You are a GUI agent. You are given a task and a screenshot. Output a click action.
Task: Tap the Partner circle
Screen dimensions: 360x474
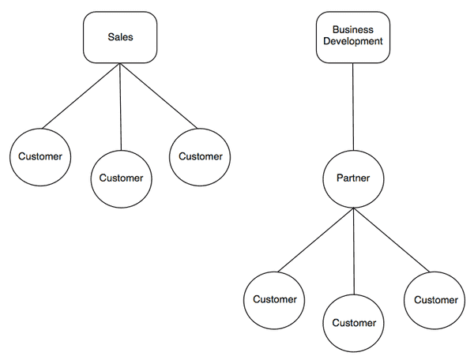(x=353, y=178)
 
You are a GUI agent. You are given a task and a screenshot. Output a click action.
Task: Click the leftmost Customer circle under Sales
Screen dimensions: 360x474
(x=39, y=156)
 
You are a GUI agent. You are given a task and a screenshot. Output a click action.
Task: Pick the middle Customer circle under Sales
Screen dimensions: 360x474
(x=121, y=178)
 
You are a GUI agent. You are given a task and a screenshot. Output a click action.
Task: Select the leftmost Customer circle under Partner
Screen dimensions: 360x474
(x=274, y=299)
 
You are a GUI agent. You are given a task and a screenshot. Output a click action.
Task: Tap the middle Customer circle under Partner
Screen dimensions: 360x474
(x=353, y=323)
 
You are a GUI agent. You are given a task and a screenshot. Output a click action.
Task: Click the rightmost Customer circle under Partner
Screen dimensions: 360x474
(x=435, y=300)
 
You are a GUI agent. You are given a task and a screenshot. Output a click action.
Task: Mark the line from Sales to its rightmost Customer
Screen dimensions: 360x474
(x=158, y=96)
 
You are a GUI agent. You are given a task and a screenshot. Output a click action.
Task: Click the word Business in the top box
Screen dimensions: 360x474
(x=353, y=29)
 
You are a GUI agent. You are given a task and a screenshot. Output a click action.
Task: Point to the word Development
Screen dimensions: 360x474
(x=353, y=42)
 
